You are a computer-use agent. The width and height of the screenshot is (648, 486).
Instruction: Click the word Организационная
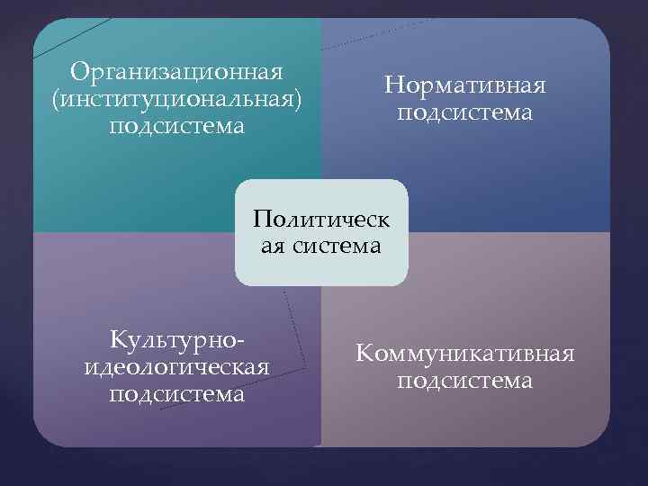[176, 70]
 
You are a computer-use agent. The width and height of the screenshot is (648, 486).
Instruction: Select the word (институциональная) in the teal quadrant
[176, 97]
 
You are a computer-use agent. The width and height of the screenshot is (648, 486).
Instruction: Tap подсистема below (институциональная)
[176, 124]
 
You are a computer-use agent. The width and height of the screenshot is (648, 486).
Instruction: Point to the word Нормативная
[465, 86]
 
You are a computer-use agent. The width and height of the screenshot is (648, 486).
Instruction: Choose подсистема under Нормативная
[465, 114]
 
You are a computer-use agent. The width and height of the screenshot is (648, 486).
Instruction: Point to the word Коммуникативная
[465, 354]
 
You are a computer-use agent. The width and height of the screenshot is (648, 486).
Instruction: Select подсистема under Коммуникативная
[465, 381]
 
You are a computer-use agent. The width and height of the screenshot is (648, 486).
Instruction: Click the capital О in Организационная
[78, 70]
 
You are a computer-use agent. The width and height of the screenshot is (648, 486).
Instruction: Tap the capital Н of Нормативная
[392, 86]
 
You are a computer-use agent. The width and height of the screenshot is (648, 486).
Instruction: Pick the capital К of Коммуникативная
[364, 354]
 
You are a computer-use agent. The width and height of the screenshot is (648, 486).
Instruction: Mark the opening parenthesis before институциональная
[58, 98]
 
